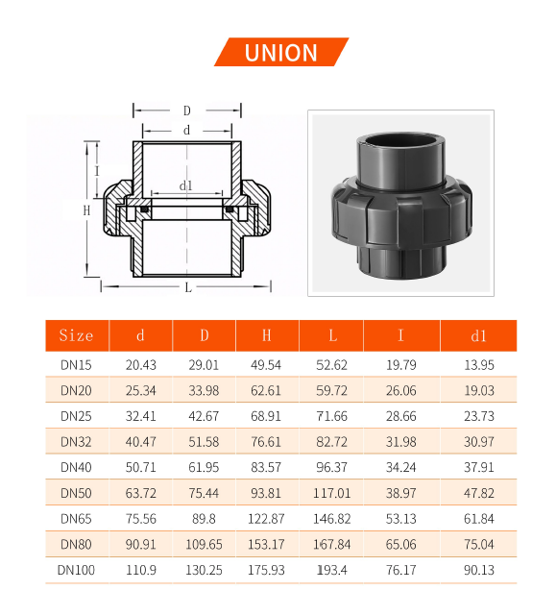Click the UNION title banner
point(281,52)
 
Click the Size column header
point(77,335)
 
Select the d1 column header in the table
point(479,336)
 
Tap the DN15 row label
point(76,365)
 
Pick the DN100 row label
point(76,570)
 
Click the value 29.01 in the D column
point(204,365)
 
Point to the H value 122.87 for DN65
point(266,519)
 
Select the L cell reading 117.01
point(332,493)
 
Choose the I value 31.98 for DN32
point(400,442)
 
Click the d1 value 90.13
point(479,570)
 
